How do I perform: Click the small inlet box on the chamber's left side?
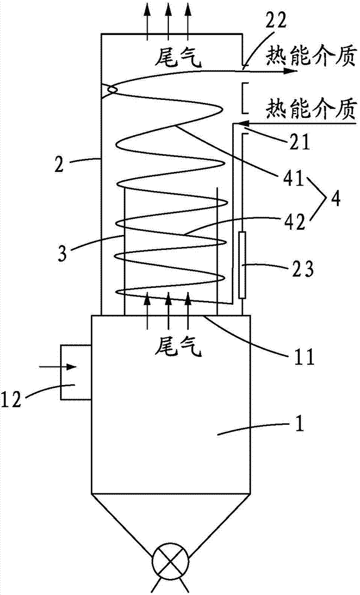point(75,374)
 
